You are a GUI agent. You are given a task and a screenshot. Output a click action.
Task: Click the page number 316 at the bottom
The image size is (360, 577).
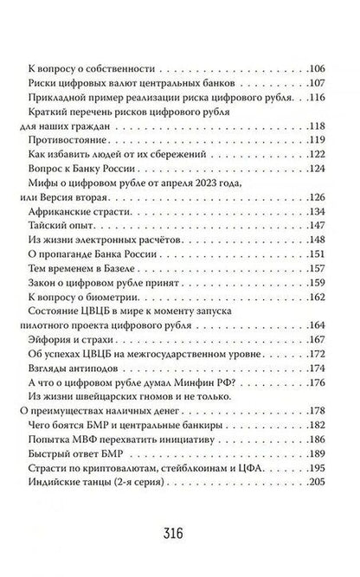pos(180,529)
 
